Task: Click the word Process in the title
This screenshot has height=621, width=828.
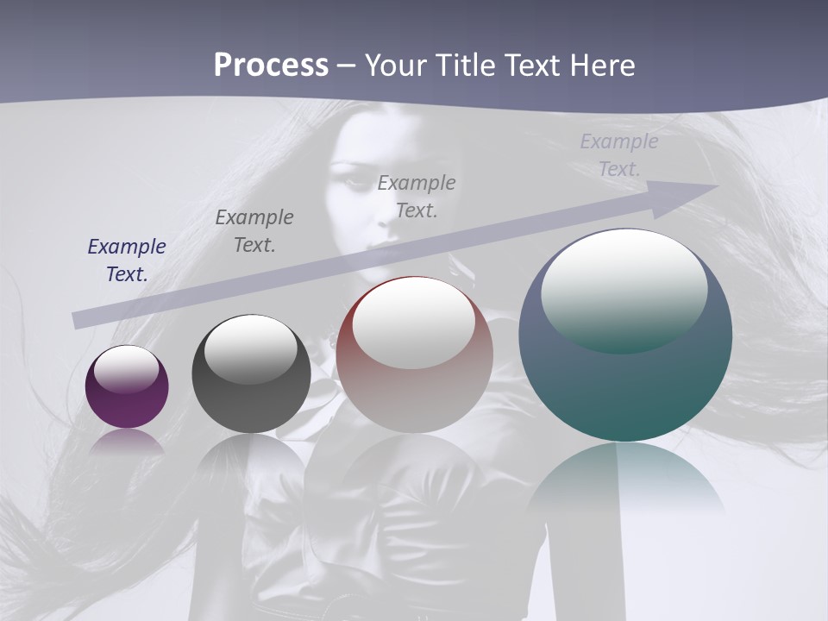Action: (271, 66)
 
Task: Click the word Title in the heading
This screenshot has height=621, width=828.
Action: (465, 66)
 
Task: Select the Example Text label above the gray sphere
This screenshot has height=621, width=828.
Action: (254, 231)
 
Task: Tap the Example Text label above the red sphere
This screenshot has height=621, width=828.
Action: (417, 196)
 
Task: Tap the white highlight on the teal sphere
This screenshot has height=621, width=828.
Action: (624, 289)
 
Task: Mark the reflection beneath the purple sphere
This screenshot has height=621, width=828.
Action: (127, 442)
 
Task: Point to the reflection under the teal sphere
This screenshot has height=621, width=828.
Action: (625, 474)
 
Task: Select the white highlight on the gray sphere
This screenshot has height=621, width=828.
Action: (251, 348)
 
